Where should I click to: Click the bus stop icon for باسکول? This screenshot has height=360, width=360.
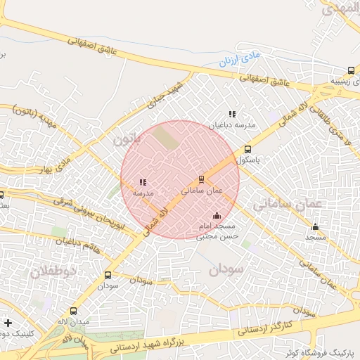[x=247, y=149]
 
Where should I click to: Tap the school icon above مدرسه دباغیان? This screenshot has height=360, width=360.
[x=232, y=114]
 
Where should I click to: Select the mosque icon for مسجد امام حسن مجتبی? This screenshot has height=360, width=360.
[x=217, y=215]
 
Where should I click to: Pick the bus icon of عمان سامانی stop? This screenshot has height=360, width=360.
[x=202, y=179]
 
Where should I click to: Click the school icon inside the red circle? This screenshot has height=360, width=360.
[x=143, y=182]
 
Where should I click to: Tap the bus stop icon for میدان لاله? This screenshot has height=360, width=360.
[x=74, y=311]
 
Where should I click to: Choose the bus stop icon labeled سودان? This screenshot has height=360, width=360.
[x=108, y=276]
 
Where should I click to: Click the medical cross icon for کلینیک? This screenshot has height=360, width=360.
[x=7, y=323]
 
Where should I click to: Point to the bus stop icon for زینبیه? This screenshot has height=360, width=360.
[x=351, y=70]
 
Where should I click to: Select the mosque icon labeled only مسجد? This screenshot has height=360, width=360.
[x=315, y=226]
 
